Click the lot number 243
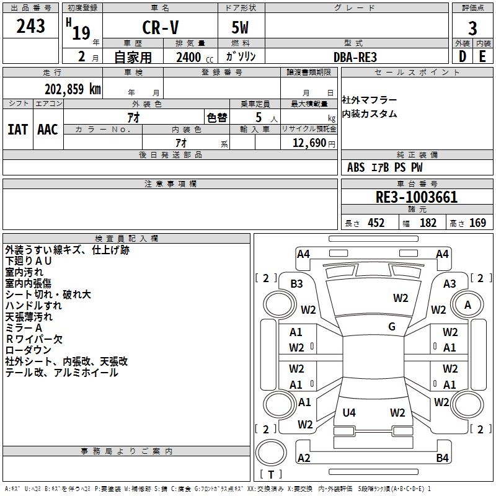coord(30,27)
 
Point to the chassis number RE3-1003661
coord(417,198)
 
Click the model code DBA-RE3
coord(355,57)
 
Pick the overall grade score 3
coord(472,28)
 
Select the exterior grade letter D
coord(462,56)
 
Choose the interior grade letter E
coord(482,56)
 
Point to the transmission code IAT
coord(18,129)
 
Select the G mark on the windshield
coord(392,327)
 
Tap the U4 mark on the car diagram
coord(349,412)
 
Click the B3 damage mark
coord(297,283)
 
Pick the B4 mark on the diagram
coord(442,458)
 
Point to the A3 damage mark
coord(449,283)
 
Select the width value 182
coord(428,223)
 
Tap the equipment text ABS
coord(356,167)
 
